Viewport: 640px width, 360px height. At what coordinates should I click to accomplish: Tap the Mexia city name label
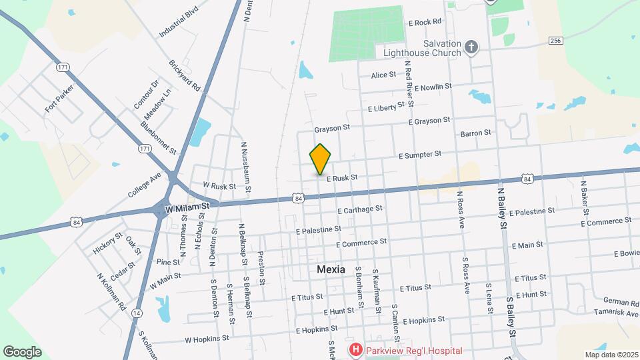(x=331, y=269)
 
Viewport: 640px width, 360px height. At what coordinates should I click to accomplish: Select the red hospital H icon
(x=356, y=350)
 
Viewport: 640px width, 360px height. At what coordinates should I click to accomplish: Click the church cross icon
(x=471, y=47)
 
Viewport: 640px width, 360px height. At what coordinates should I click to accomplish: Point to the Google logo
(x=22, y=351)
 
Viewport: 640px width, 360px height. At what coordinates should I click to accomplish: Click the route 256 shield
(x=555, y=41)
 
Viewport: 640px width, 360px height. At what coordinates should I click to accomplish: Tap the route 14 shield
(x=137, y=313)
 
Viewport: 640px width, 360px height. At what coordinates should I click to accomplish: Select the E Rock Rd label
(x=425, y=22)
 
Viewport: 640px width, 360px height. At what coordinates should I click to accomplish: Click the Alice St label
(x=384, y=75)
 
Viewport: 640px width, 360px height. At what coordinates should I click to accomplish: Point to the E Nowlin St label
(x=433, y=87)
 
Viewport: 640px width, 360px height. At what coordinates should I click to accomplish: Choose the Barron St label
(x=475, y=133)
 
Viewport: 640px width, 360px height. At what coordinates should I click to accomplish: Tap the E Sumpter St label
(x=420, y=155)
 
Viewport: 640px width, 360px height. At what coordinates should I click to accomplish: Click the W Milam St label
(x=187, y=207)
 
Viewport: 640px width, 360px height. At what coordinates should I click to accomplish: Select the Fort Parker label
(x=59, y=97)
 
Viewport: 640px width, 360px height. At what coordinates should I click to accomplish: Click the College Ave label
(x=145, y=185)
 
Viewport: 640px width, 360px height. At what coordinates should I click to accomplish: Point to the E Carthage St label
(x=360, y=209)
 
